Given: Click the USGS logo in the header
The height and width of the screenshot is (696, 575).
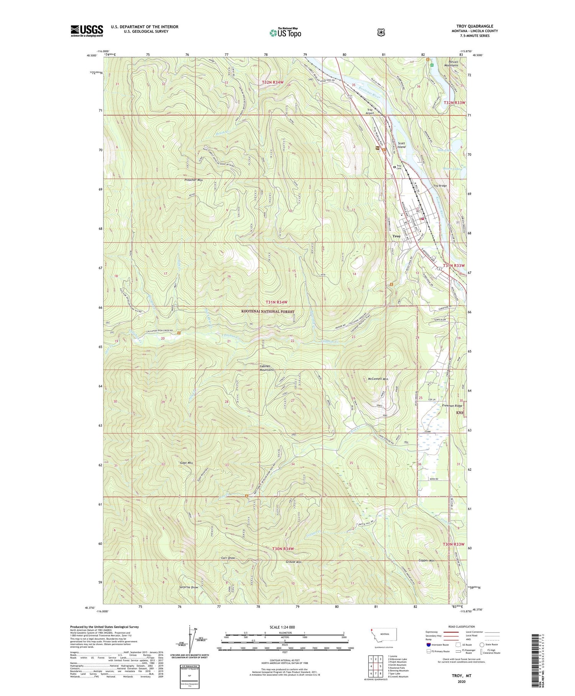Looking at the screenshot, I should tap(87, 31).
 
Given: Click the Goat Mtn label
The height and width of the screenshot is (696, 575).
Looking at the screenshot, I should tap(186, 463).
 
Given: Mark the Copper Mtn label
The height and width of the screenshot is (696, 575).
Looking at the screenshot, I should tap(426, 561).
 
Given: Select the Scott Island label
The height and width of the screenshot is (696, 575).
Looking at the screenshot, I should tap(401, 145).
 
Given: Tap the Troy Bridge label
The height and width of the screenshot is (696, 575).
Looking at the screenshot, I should tap(440, 186).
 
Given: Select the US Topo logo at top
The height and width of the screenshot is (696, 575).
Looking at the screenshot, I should tap(285, 33).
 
